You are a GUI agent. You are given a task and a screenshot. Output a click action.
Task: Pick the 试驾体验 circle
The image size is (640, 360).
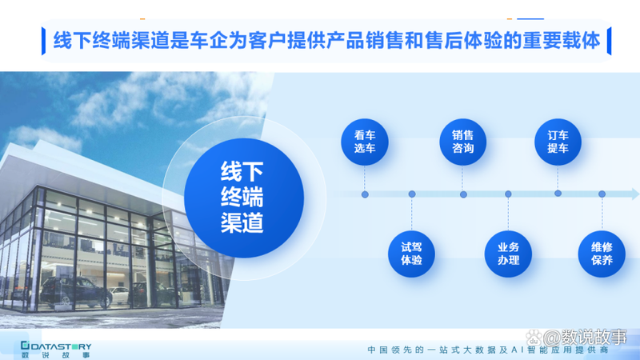(411, 254)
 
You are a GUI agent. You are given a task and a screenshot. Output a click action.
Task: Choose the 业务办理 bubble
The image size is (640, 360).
(508, 254)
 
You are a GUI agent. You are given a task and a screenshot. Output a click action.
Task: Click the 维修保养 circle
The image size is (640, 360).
(602, 254)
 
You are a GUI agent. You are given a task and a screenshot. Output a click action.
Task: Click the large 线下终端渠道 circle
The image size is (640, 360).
(244, 197)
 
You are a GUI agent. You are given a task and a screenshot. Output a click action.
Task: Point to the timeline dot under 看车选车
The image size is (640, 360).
(365, 194)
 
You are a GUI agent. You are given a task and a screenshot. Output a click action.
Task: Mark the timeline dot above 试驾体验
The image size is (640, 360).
(411, 194)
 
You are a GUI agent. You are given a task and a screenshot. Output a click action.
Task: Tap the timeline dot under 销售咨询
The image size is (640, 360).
(463, 194)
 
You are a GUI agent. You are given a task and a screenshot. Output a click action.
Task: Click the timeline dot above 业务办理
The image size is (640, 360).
(508, 194)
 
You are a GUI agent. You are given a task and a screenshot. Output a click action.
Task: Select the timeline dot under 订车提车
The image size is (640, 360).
(558, 193)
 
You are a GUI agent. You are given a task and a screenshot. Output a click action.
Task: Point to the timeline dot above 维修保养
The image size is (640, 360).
(602, 194)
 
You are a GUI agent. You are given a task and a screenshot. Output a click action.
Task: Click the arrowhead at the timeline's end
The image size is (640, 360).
(634, 194)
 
